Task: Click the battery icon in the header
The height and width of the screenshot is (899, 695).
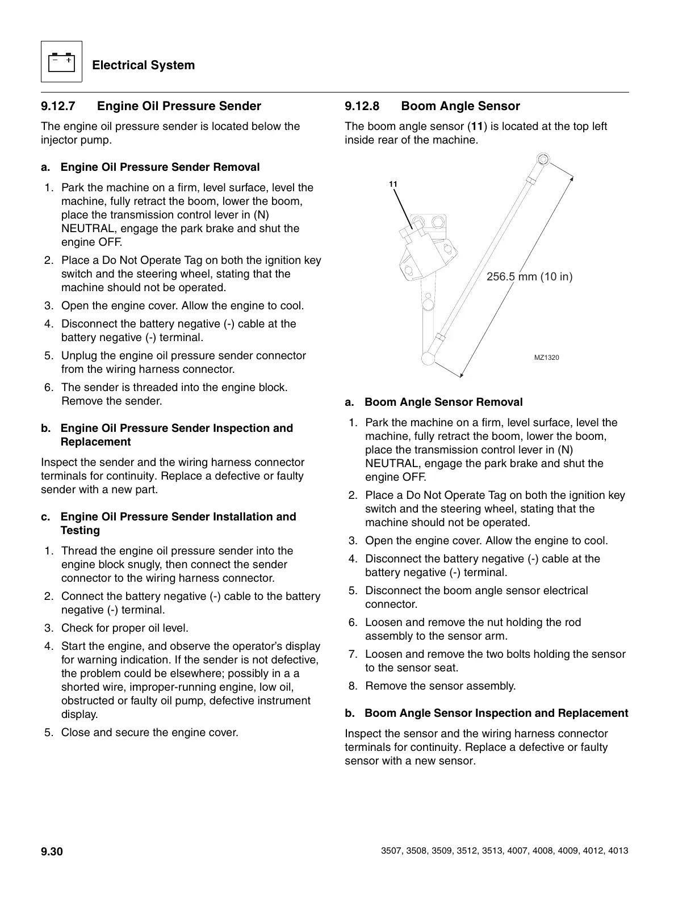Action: pyautogui.click(x=61, y=62)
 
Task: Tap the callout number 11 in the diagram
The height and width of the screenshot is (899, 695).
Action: pyautogui.click(x=393, y=184)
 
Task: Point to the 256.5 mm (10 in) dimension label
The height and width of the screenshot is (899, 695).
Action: pyautogui.click(x=529, y=277)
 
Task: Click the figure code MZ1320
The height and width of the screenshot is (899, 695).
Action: pyautogui.click(x=546, y=358)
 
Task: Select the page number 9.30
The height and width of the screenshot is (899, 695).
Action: pyautogui.click(x=52, y=851)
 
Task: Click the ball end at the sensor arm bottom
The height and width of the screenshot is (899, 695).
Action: pyautogui.click(x=429, y=358)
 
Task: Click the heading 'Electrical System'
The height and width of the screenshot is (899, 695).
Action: pyautogui.click(x=143, y=65)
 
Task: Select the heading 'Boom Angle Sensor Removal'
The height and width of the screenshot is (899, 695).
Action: pyautogui.click(x=443, y=402)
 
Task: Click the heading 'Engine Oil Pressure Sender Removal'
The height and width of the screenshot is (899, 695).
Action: pyautogui.click(x=160, y=167)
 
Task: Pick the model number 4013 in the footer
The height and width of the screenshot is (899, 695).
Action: pyautogui.click(x=618, y=851)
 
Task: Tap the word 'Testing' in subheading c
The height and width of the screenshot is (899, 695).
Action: pyautogui.click(x=80, y=531)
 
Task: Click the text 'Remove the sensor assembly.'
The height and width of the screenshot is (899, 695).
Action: pyautogui.click(x=440, y=686)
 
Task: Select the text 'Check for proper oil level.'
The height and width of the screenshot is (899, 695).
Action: pyautogui.click(x=124, y=628)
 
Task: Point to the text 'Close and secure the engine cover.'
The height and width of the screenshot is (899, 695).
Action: pyautogui.click(x=149, y=733)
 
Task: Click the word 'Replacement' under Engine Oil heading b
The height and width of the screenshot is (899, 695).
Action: pyautogui.click(x=95, y=442)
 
